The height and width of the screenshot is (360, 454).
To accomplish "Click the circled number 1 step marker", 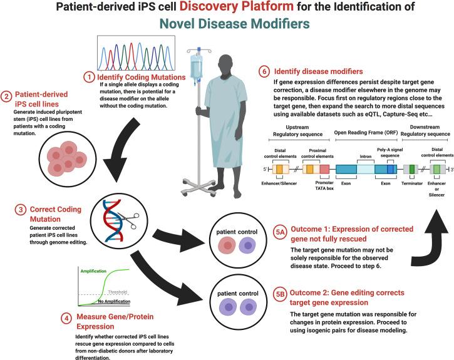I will tap(89, 77).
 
